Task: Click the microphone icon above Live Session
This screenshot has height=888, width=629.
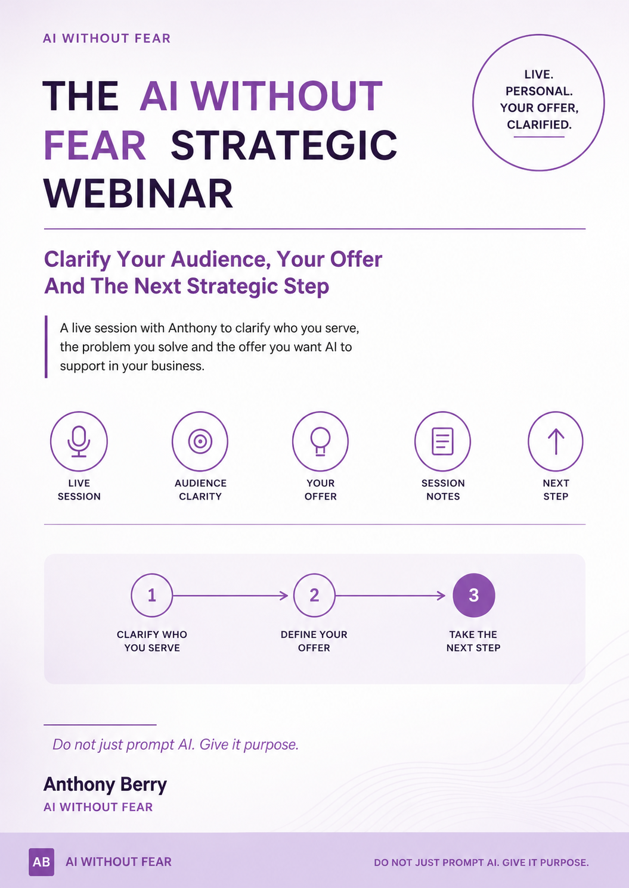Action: click(79, 441)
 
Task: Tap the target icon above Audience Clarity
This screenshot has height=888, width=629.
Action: click(200, 441)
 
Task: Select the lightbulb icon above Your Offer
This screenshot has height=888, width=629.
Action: click(320, 441)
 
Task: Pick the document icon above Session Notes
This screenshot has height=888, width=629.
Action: click(442, 441)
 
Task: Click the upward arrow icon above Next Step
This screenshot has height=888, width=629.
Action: click(556, 441)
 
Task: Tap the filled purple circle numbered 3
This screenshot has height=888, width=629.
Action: click(474, 595)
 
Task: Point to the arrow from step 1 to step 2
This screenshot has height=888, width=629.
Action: click(230, 596)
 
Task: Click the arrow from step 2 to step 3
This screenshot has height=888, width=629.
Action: click(390, 596)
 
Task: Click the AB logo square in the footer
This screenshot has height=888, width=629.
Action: click(41, 862)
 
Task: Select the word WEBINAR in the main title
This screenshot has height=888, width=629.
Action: click(138, 193)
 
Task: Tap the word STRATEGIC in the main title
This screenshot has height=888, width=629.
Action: click(284, 145)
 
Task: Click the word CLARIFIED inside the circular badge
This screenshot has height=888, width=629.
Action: click(539, 125)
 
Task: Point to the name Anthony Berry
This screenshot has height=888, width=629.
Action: click(105, 784)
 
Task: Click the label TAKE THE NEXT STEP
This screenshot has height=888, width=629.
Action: click(473, 641)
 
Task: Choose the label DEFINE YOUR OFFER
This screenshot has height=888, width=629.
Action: click(314, 641)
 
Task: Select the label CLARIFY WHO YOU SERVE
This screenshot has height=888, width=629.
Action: click(152, 641)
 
